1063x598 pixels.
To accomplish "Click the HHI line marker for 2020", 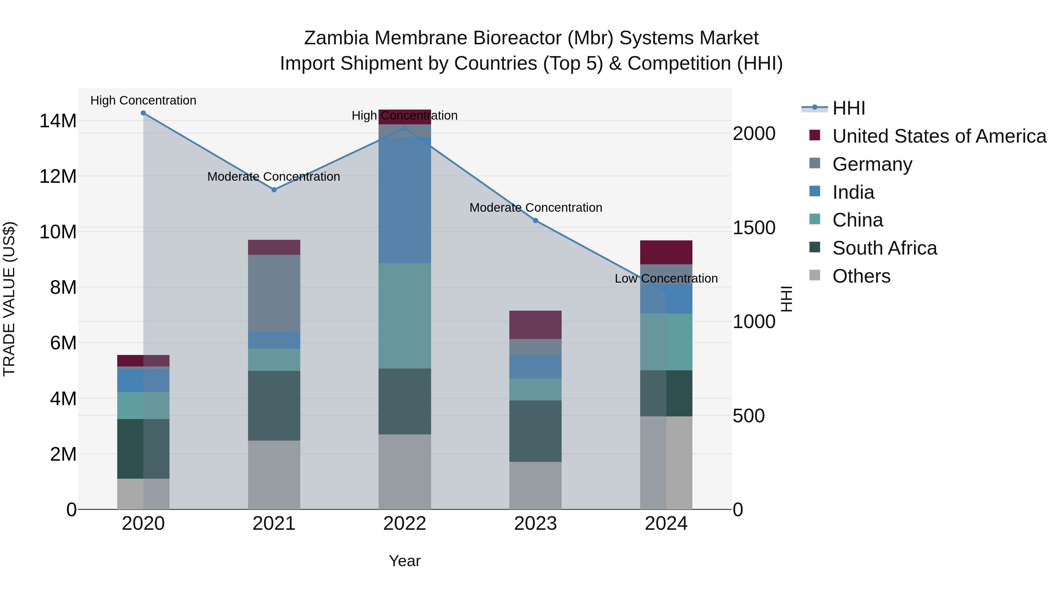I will click(143, 113).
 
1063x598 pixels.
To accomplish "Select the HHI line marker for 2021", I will click(274, 190).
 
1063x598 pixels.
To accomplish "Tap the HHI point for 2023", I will click(535, 220).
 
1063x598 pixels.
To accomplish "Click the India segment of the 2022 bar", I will click(405, 200).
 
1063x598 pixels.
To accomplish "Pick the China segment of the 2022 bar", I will click(405, 316).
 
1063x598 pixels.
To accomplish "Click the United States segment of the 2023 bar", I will click(535, 325).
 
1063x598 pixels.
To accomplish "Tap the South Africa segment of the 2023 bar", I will click(535, 431).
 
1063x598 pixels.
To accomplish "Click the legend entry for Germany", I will click(872, 164).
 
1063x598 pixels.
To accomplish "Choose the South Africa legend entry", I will click(884, 248).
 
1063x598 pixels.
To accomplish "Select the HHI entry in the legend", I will click(848, 108).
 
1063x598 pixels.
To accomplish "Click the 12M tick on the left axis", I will click(58, 177).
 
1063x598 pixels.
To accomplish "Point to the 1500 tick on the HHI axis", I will click(754, 228).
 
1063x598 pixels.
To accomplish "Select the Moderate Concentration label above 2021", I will click(274, 177).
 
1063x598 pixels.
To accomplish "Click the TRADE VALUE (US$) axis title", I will click(9, 299).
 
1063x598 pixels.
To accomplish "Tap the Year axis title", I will click(405, 561).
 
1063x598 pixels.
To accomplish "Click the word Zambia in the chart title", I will click(336, 38).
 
